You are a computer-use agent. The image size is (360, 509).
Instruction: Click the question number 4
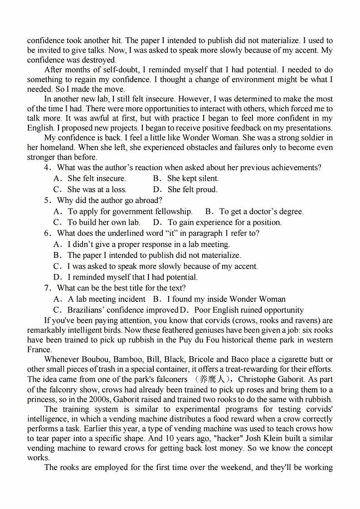(47, 168)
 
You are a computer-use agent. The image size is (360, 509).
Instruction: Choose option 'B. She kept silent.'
(186, 179)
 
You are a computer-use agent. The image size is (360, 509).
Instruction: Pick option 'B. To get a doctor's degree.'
(254, 211)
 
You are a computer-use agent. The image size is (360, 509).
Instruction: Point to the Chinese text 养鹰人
(214, 379)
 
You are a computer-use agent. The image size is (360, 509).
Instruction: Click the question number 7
(47, 288)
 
